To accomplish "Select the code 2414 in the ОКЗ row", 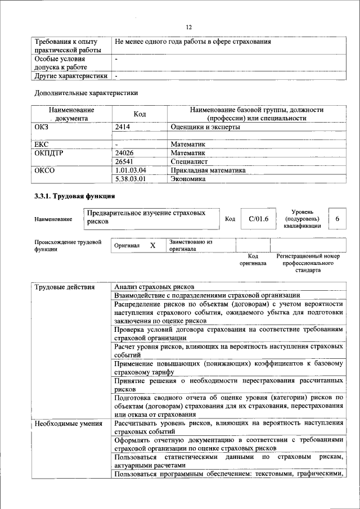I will point(123,128).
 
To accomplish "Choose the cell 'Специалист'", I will point(189,161).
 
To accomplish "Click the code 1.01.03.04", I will point(130,170).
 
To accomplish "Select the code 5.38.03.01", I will point(130,179).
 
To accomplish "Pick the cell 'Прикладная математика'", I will point(209,170).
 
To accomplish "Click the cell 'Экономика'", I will point(188,179).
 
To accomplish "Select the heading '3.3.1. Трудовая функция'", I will point(75,196).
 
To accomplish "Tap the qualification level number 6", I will point(336,219).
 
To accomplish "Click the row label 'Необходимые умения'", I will point(68,424).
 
